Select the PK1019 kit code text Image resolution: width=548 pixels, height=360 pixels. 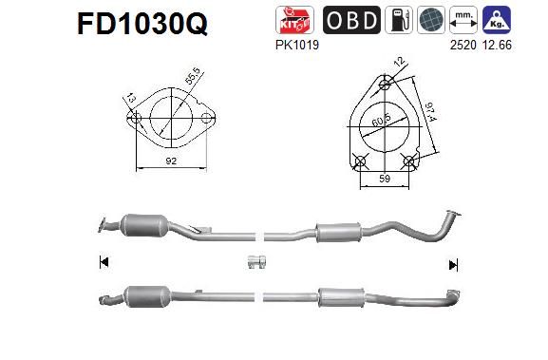point(294,43)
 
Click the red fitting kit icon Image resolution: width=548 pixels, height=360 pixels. point(294,20)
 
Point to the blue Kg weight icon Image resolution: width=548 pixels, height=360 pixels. point(520,20)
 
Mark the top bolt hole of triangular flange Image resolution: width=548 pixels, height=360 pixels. point(385,84)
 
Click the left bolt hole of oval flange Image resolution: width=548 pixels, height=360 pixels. point(135,121)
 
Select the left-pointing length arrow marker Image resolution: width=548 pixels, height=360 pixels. point(103,262)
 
